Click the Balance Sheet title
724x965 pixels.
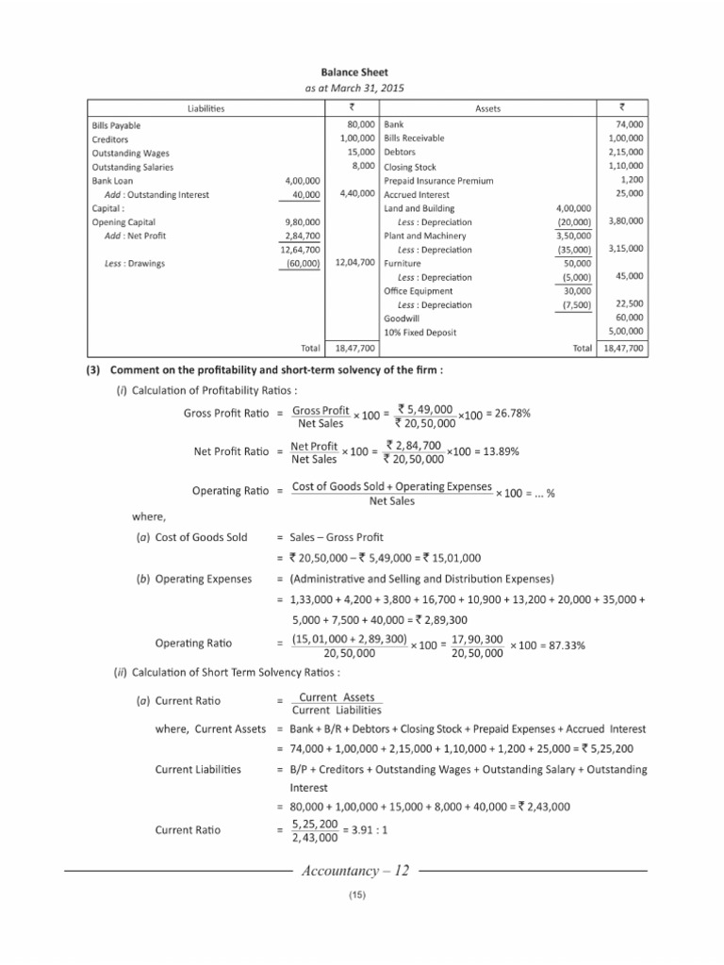362,73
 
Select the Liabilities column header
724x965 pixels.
205,108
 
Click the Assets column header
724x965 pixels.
487,108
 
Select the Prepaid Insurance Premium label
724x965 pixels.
438,180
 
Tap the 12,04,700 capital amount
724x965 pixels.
356,263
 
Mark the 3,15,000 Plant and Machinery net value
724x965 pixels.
623,249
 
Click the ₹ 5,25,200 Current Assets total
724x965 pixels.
612,748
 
